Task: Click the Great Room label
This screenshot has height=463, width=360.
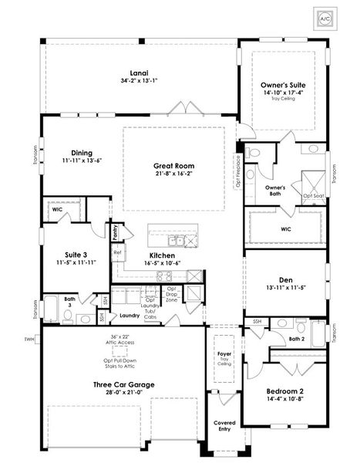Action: pos(173,166)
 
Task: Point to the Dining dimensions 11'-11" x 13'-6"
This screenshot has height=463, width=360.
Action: pos(82,161)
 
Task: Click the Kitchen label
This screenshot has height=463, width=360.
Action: pos(163,255)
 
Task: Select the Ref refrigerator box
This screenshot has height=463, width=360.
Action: pos(117,252)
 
